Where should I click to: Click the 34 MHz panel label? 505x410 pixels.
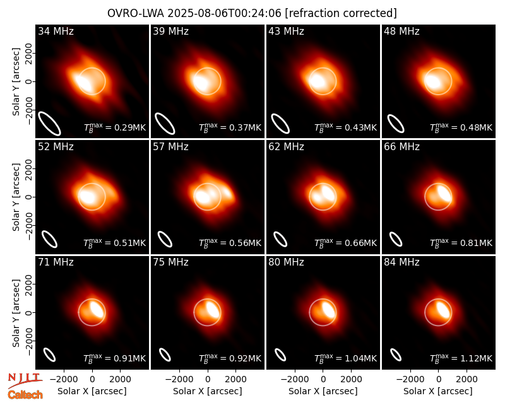pos(56,31)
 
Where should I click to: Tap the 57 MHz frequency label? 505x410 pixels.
pos(170,147)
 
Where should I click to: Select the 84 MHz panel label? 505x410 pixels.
pos(401,262)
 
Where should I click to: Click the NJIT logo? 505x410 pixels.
pos(25,380)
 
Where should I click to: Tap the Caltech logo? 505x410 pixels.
pos(25,395)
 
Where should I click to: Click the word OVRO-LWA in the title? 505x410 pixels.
pos(136,13)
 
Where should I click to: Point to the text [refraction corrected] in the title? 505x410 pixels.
pos(341,13)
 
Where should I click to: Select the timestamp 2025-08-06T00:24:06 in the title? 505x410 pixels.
pos(225,13)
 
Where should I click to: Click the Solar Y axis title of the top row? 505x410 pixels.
pos(16,82)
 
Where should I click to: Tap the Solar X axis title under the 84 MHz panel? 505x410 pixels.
pos(438,391)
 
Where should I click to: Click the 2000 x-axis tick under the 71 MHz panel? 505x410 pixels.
pos(121,380)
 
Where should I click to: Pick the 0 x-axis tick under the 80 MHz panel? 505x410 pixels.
pos(323,380)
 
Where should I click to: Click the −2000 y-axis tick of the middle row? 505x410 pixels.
pos(29,225)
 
